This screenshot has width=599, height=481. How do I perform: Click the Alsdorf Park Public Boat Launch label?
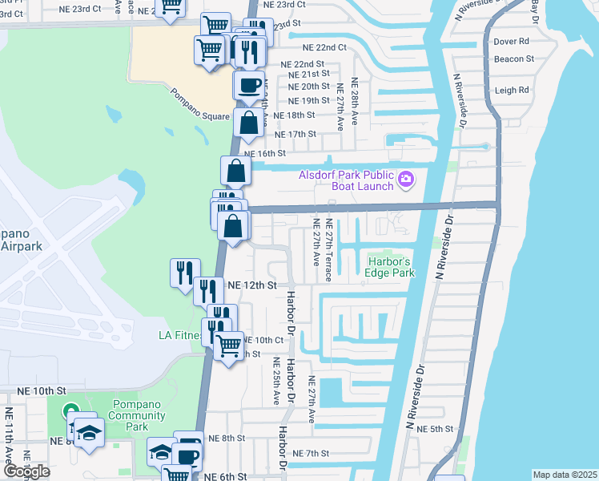pyautogui.click(x=347, y=181)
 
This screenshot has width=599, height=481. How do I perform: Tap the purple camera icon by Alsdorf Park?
pyautogui.click(x=406, y=179)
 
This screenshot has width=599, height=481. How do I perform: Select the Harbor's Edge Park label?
pyautogui.click(x=391, y=268)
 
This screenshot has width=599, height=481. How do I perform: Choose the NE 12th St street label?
pyautogui.click(x=252, y=285)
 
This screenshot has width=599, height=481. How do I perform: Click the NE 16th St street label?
pyautogui.click(x=264, y=153)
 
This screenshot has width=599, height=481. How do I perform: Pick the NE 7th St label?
pyautogui.click(x=311, y=454)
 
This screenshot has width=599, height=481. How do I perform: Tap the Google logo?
pyautogui.click(x=26, y=471)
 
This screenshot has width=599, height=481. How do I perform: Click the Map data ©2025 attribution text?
pyautogui.click(x=565, y=475)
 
